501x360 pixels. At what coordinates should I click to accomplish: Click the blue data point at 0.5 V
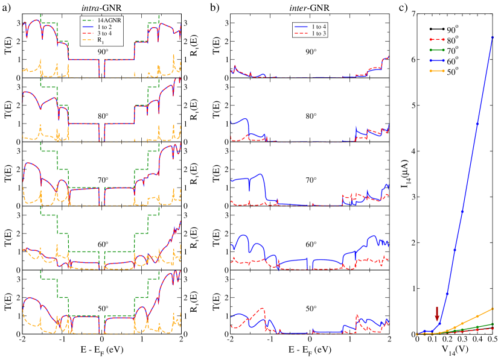493,37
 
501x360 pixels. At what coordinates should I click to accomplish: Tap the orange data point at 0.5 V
493,309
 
